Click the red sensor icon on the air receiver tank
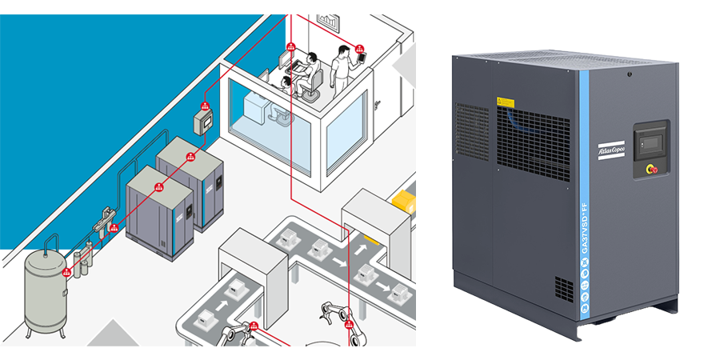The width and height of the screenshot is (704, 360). [x=67, y=272]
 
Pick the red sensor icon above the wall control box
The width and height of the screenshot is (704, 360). [x=204, y=105]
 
